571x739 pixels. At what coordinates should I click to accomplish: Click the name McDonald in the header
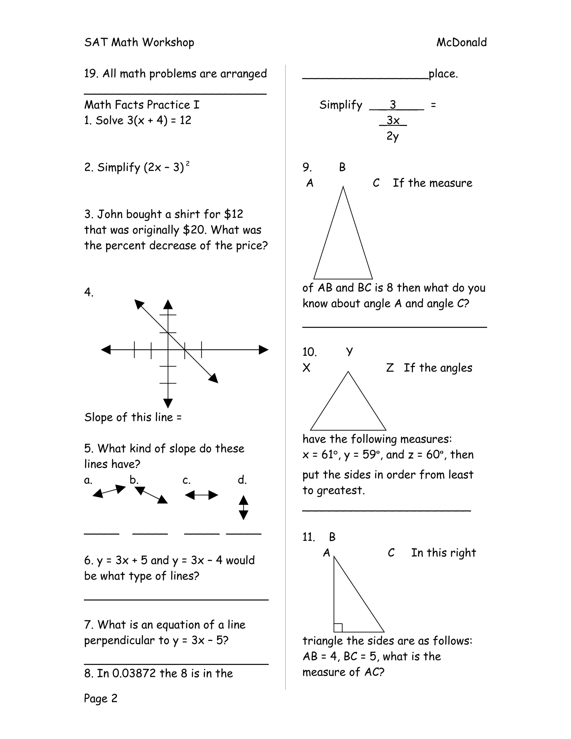point(461,42)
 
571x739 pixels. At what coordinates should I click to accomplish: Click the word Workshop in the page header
point(168,42)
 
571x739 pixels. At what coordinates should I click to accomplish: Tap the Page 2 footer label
point(100,698)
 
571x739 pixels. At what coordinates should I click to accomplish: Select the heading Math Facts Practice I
point(142,105)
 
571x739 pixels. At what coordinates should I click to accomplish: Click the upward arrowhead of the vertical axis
point(168,305)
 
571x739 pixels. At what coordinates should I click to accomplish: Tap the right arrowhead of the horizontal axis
point(263,349)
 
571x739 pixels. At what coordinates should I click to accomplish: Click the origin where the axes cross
point(168,349)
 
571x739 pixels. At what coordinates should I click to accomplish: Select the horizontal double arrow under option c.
point(201,495)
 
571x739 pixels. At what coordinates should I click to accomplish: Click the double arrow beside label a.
point(109,491)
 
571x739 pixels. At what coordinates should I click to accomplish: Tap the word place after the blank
point(443,74)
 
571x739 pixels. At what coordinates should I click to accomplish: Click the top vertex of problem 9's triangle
point(343,187)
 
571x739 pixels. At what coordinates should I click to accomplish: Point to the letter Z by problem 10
point(390,368)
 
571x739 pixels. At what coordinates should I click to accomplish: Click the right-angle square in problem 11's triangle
point(338,628)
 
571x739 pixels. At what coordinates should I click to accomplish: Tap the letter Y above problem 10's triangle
point(349,352)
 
